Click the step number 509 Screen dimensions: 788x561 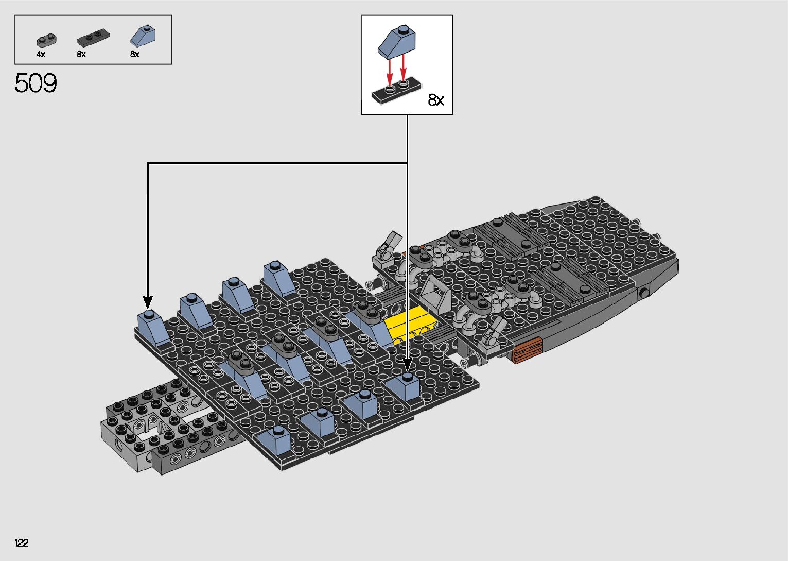36,83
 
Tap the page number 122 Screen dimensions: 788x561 22,542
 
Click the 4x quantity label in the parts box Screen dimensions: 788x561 41,54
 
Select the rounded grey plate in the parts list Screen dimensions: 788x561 46,40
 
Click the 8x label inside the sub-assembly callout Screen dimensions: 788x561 436,100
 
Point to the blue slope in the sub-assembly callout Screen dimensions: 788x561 396,42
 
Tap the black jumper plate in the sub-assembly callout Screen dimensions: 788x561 397,92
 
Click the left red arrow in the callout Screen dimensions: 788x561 390,71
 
